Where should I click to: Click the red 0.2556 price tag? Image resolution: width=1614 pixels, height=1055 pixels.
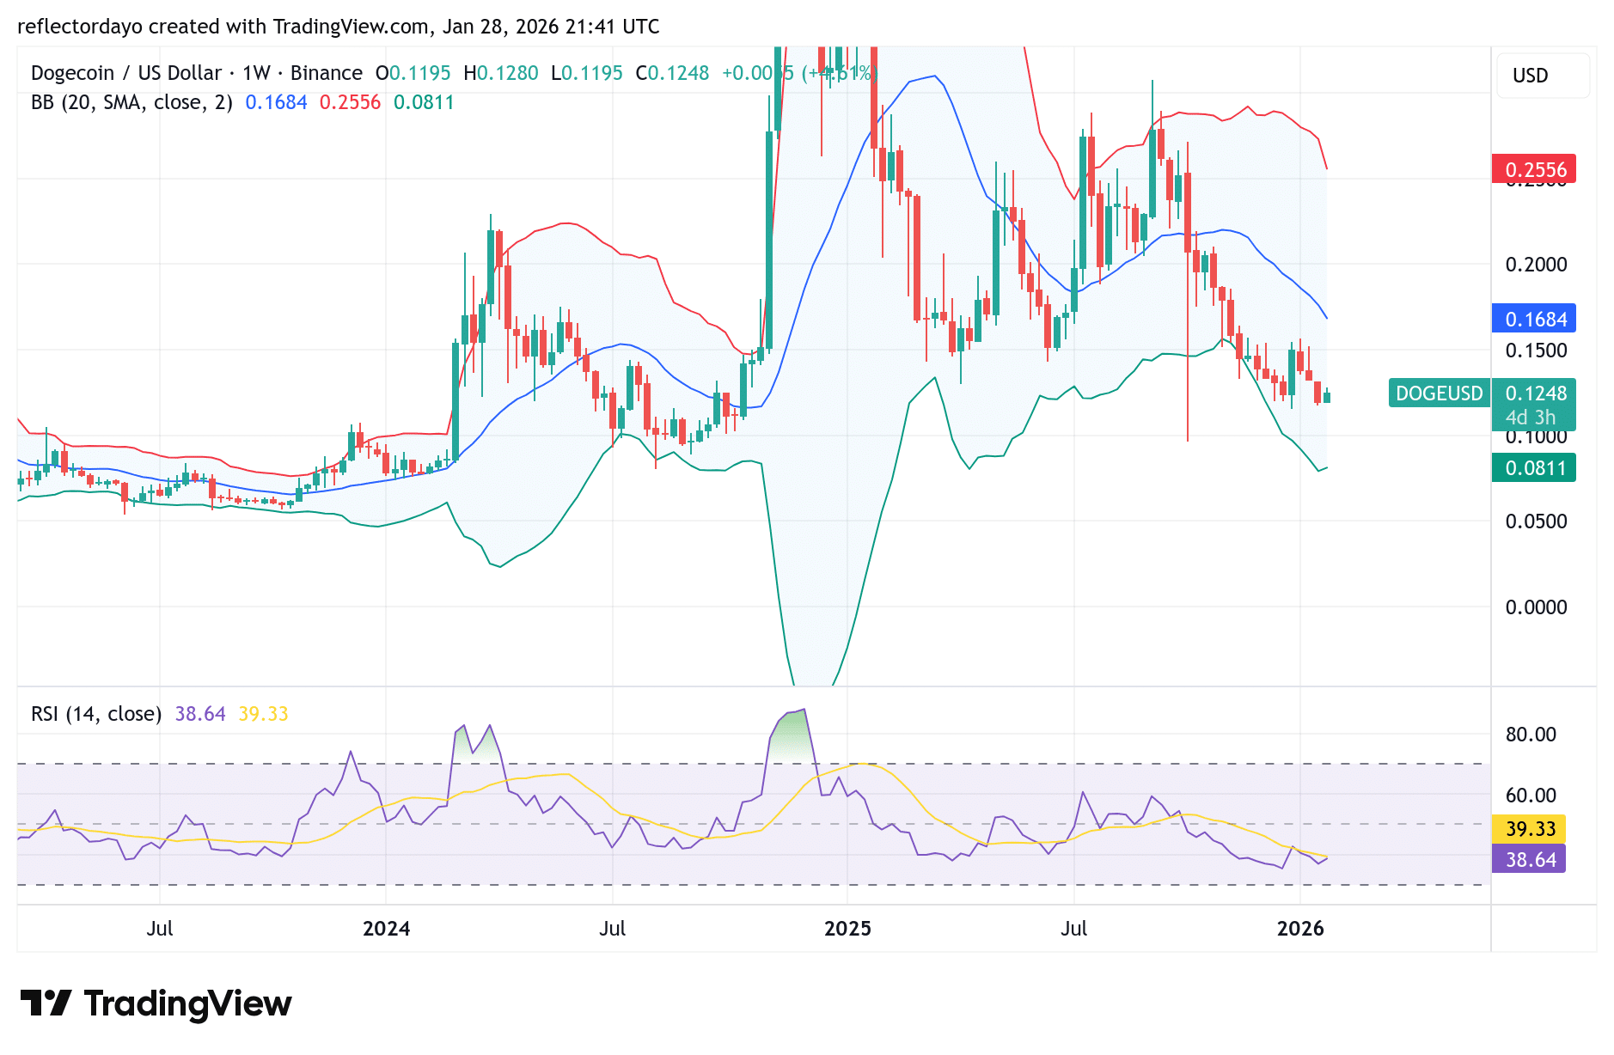pyautogui.click(x=1534, y=169)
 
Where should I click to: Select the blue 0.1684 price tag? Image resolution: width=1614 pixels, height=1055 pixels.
pyautogui.click(x=1534, y=319)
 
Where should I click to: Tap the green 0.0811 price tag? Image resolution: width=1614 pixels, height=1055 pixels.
pyautogui.click(x=1534, y=468)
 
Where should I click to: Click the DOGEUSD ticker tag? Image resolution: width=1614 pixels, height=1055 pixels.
pyautogui.click(x=1439, y=393)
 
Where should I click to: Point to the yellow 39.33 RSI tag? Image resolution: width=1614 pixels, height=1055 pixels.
pyautogui.click(x=1530, y=828)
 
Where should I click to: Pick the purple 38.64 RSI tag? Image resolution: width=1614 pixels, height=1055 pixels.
pyautogui.click(x=1530, y=859)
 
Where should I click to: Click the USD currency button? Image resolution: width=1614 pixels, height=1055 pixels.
pyautogui.click(x=1530, y=76)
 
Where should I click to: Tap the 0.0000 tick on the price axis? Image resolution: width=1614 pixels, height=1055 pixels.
pyautogui.click(x=1536, y=607)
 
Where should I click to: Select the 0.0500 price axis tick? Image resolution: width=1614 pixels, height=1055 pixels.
pyautogui.click(x=1536, y=521)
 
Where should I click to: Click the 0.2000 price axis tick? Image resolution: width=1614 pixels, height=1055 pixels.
pyautogui.click(x=1536, y=265)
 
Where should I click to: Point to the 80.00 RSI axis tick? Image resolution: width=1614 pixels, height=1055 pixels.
pyautogui.click(x=1531, y=735)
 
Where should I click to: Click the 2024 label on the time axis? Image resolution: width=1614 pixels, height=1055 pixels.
pyautogui.click(x=386, y=929)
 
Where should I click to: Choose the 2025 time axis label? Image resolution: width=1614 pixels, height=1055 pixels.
pyautogui.click(x=847, y=929)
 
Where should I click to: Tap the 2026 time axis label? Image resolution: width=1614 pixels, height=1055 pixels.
pyautogui.click(x=1300, y=929)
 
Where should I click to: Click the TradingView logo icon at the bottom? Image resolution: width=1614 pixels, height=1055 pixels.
pyautogui.click(x=46, y=1003)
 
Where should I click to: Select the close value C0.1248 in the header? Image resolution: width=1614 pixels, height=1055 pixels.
pyautogui.click(x=672, y=73)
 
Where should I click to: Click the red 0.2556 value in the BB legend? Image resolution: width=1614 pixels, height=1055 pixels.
pyautogui.click(x=350, y=102)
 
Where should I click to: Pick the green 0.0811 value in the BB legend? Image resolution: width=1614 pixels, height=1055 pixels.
pyautogui.click(x=424, y=102)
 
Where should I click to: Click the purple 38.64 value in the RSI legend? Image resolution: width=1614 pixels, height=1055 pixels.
pyautogui.click(x=200, y=714)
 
